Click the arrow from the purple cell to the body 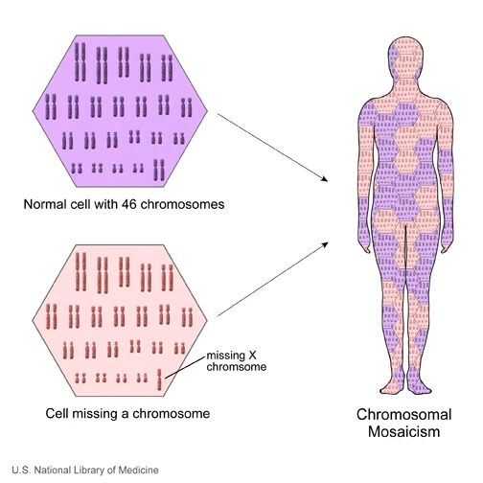tap(273, 144)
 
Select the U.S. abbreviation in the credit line tap(16, 470)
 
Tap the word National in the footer tap(48, 470)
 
